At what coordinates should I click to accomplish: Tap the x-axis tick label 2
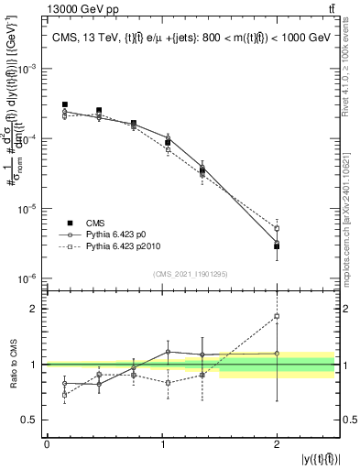(x=277, y=444)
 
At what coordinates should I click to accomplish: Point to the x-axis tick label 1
(x=162, y=444)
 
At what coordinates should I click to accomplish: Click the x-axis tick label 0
(x=47, y=444)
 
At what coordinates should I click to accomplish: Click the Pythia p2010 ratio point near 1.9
(x=277, y=316)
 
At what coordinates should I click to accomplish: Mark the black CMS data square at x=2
(x=277, y=246)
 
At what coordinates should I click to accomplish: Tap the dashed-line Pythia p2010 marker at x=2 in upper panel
(x=277, y=228)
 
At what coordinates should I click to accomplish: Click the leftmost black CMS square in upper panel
(x=64, y=104)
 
